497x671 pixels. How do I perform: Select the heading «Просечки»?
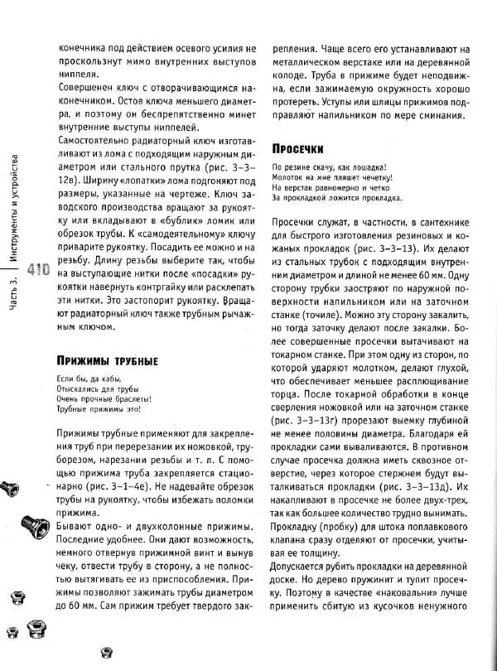coord(297,148)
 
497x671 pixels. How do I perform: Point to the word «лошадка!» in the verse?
coord(362,167)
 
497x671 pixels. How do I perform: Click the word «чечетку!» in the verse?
coord(369,177)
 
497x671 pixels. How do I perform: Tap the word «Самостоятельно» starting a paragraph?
coord(95,140)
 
